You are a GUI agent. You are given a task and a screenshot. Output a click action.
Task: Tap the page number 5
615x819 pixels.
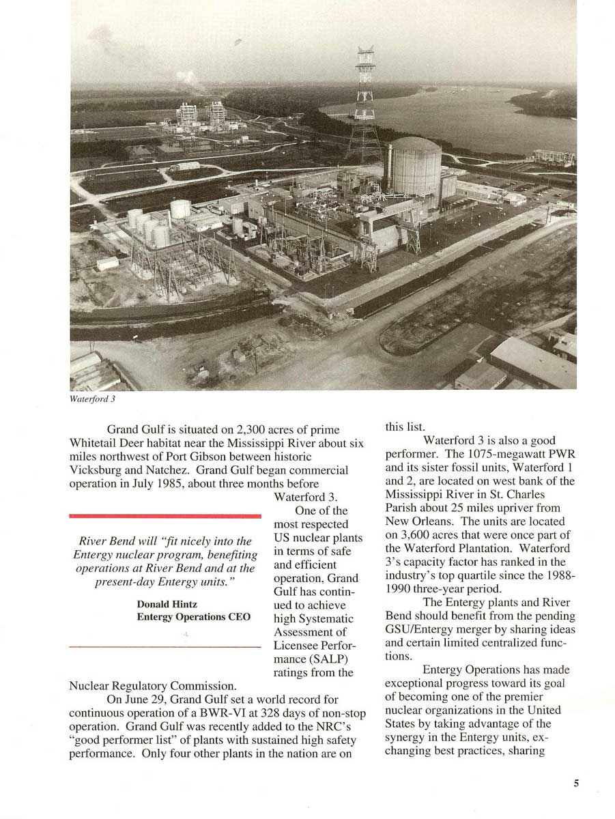(576, 784)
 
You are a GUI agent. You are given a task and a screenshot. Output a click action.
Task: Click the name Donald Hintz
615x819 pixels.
(167, 605)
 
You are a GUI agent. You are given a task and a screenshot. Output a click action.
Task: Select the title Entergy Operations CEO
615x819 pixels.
(193, 617)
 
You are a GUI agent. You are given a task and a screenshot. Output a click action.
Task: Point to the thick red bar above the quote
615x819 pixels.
(165, 516)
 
